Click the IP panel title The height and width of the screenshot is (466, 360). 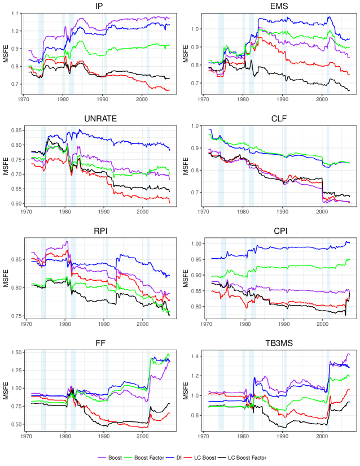click(102, 6)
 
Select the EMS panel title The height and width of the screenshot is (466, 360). click(282, 6)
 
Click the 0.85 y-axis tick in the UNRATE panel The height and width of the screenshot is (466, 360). click(14, 130)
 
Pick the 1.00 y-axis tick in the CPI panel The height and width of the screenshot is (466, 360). click(194, 244)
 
